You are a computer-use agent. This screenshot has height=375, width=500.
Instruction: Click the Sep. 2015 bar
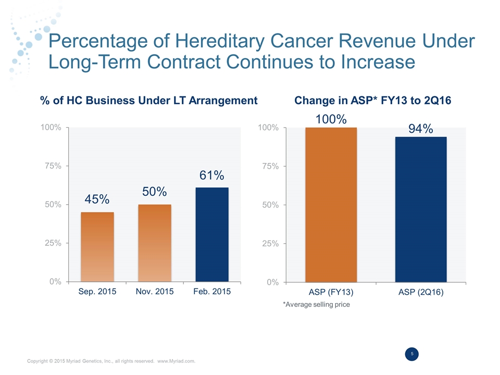97,247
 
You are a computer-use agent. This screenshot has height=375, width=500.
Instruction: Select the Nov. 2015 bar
154,243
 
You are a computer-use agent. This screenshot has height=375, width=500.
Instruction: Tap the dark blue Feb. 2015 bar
211,234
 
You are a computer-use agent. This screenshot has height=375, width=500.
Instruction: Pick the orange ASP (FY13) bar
331,204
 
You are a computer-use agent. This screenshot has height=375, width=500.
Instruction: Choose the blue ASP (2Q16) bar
421,209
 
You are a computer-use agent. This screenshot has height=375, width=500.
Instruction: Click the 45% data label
97,199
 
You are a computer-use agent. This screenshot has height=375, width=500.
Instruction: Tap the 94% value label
421,128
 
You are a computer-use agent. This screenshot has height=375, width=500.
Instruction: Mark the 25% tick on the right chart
270,243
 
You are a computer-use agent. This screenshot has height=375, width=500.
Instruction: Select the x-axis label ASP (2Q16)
421,293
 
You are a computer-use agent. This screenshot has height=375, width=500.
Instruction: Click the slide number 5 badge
412,354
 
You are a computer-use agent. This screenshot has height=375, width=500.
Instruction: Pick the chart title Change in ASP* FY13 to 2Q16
373,100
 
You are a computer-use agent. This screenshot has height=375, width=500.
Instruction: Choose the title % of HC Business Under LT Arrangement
148,100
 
